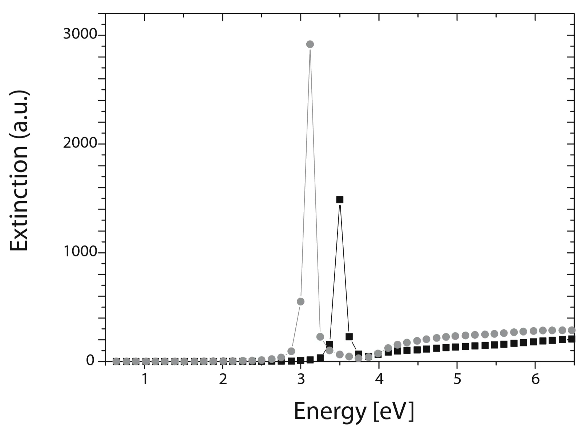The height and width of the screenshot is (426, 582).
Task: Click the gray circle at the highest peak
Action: point(310,44)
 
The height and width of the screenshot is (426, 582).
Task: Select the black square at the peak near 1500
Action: point(340,199)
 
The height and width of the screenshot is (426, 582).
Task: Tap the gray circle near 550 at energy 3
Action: point(300,301)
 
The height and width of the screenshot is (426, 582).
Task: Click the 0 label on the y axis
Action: point(90,361)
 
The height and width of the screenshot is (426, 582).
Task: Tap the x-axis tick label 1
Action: point(145,380)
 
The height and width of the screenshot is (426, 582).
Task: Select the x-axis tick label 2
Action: point(223,380)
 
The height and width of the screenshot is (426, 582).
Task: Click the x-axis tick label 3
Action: point(301,380)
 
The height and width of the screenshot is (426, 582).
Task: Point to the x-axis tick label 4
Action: point(379,380)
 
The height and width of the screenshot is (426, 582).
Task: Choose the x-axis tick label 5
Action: point(457,380)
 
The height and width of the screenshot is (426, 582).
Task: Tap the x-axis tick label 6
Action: point(535,380)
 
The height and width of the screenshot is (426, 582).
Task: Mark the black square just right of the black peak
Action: point(349,337)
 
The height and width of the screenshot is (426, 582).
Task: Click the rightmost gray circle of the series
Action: point(571,330)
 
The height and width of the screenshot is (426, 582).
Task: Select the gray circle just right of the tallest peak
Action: point(320,337)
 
